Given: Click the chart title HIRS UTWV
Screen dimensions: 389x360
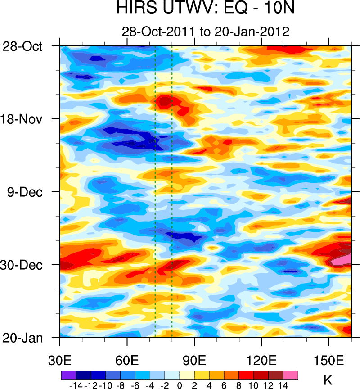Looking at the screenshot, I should click(205, 8).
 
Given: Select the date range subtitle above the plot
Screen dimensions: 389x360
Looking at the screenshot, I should click(205, 32).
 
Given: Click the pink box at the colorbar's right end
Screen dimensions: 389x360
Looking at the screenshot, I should click(290, 375).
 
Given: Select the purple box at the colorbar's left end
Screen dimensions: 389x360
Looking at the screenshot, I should click(68, 375).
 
